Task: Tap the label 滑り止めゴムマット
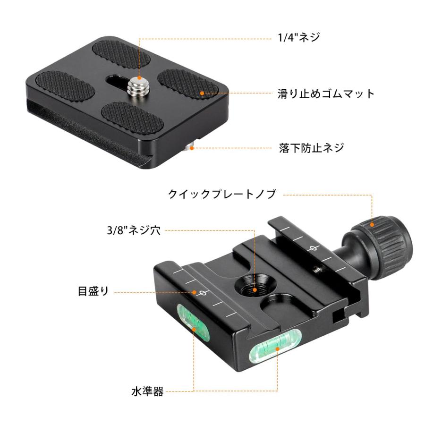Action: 325,93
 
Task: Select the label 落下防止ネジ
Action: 310,148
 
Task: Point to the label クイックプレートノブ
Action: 221,194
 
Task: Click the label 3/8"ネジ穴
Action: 134,231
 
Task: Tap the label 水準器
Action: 148,391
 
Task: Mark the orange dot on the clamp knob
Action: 372,224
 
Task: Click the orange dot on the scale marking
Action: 195,292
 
